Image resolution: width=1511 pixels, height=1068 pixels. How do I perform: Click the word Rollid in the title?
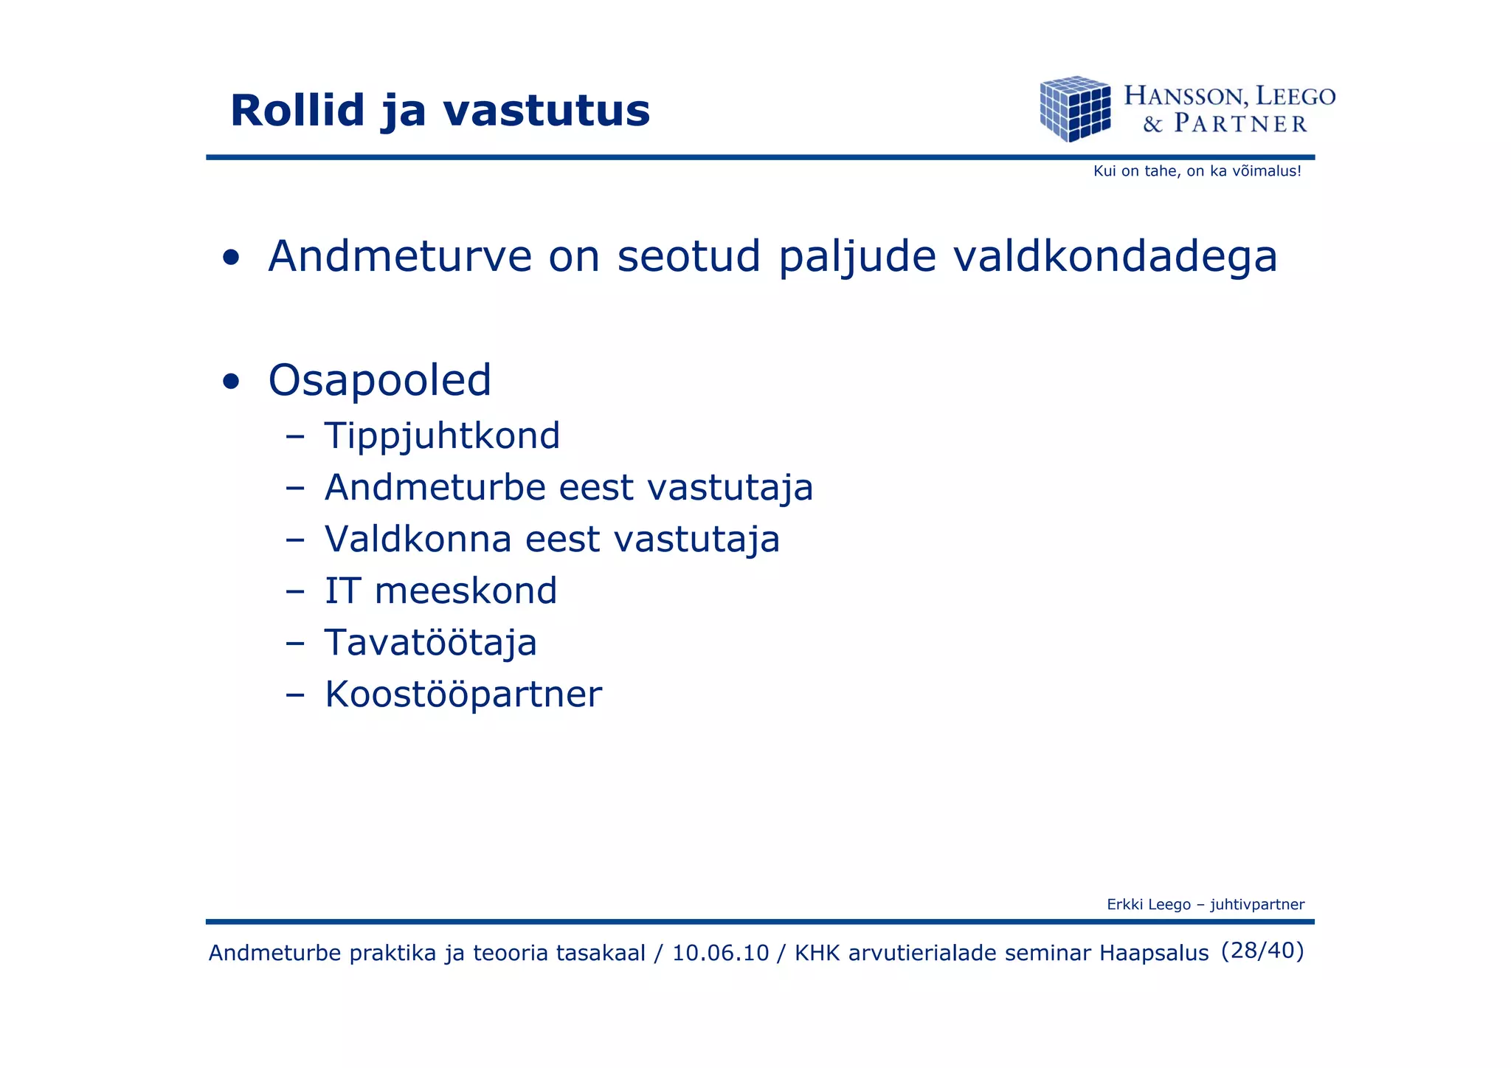[x=297, y=111]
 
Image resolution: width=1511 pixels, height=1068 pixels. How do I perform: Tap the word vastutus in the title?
[x=546, y=111]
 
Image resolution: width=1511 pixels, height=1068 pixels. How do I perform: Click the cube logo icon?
[x=1075, y=108]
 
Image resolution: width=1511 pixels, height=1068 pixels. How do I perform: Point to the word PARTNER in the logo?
[x=1240, y=123]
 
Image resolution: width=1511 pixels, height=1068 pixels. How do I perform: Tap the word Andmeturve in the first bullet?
[x=398, y=257]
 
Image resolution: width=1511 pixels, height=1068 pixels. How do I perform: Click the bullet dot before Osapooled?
[x=231, y=382]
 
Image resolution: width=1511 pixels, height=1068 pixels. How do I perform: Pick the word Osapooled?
[x=379, y=381]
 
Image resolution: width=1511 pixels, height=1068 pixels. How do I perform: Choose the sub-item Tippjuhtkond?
[x=442, y=435]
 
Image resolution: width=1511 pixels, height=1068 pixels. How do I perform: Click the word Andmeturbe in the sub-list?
[x=435, y=487]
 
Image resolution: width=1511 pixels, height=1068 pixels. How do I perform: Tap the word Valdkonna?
[x=418, y=539]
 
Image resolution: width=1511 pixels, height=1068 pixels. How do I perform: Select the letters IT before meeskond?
[x=342, y=591]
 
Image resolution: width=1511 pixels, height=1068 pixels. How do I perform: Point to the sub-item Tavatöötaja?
[x=430, y=642]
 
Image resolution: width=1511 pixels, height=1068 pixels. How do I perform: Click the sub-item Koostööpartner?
[x=463, y=695]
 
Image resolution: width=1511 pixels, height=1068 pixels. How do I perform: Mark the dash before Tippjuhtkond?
[x=295, y=436]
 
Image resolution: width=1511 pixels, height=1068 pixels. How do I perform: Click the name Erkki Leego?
[x=1148, y=905]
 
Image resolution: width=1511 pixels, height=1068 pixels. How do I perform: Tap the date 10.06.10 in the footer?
[x=720, y=953]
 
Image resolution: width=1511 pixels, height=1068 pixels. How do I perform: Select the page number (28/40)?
[x=1262, y=951]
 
